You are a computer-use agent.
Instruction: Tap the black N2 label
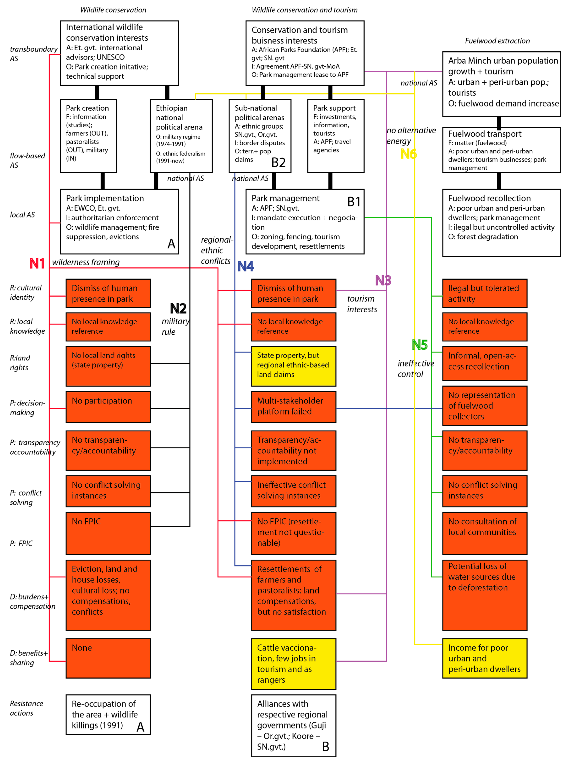click(x=178, y=308)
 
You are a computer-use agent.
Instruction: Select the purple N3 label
click(x=383, y=280)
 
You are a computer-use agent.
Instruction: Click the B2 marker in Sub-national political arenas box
click(x=278, y=163)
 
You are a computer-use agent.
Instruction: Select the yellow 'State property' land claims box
click(x=293, y=366)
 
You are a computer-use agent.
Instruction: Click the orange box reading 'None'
click(x=108, y=658)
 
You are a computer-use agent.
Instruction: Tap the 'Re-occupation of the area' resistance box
click(x=108, y=714)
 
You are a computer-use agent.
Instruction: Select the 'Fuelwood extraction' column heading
click(x=497, y=41)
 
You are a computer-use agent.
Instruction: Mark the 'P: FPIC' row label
click(x=21, y=543)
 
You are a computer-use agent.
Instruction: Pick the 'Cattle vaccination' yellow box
click(x=293, y=664)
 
